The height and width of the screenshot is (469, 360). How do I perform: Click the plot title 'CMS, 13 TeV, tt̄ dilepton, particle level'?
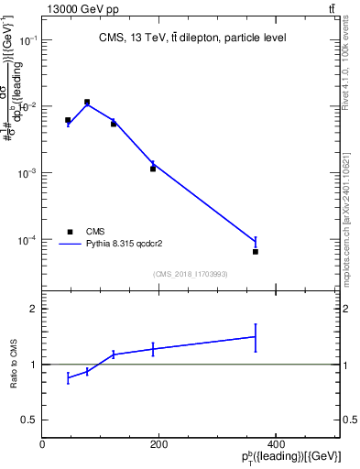[x=192, y=38]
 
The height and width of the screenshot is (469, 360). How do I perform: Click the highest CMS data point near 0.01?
[x=87, y=103]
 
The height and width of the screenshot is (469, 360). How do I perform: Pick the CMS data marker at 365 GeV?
[x=256, y=251]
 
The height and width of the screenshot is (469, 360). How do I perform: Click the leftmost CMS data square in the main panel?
[x=68, y=120]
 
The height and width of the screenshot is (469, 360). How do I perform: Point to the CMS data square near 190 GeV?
[x=153, y=169]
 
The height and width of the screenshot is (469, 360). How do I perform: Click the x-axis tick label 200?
[x=158, y=445]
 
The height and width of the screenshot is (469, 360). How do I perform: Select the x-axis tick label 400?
[x=276, y=445]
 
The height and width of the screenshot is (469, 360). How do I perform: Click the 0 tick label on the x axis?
[x=42, y=445]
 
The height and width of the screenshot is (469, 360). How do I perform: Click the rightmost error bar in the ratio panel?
[x=256, y=337]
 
